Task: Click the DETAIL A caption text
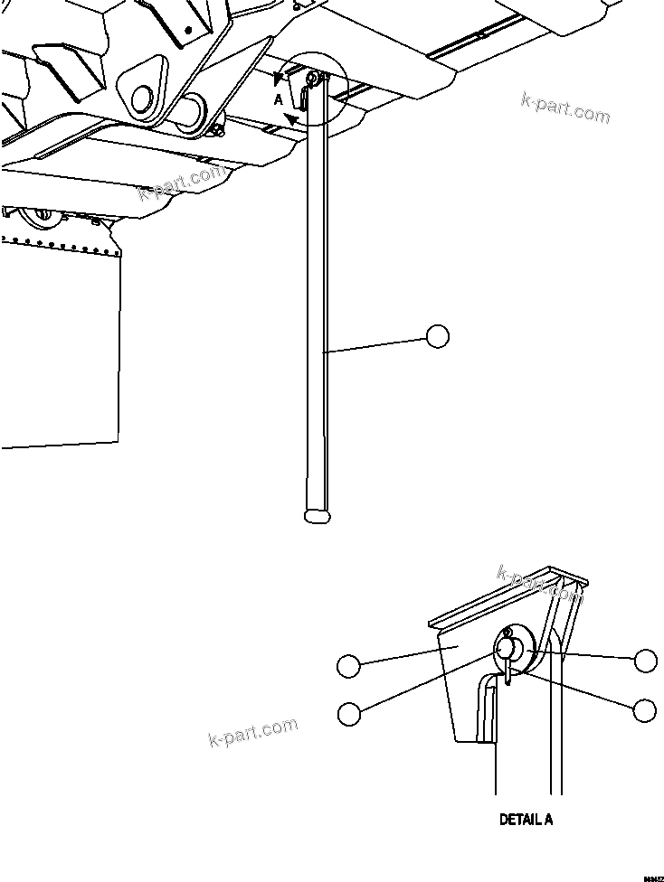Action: click(526, 820)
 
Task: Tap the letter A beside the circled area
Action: click(279, 100)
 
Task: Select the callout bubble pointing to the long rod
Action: click(437, 336)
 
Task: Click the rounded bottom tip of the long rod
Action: click(318, 516)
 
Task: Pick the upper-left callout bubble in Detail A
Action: click(348, 667)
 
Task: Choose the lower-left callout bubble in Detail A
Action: click(348, 712)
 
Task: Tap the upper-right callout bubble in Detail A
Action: click(645, 661)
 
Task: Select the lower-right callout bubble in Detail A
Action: click(645, 710)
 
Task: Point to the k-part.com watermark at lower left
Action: click(252, 732)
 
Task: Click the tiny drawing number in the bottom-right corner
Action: click(653, 877)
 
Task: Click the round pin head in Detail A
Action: click(507, 648)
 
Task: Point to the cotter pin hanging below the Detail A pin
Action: click(510, 671)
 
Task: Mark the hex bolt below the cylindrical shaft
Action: click(218, 135)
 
